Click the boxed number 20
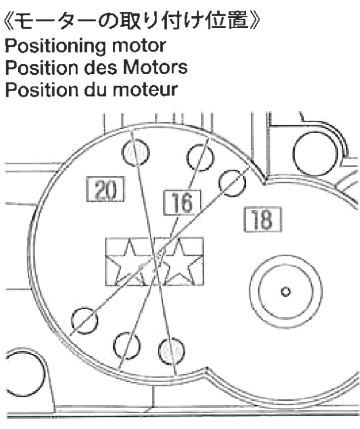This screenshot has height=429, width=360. (105, 189)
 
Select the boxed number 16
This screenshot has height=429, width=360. (182, 202)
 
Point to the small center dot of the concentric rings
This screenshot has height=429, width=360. (286, 291)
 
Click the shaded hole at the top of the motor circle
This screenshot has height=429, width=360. (135, 152)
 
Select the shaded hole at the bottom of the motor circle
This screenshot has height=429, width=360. (172, 351)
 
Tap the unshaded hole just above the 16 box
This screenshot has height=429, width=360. (200, 157)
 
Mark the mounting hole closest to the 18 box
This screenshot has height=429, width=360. (232, 183)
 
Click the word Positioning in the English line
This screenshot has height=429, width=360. (55, 46)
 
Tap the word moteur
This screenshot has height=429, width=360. (145, 90)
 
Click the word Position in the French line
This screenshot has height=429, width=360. (42, 90)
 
